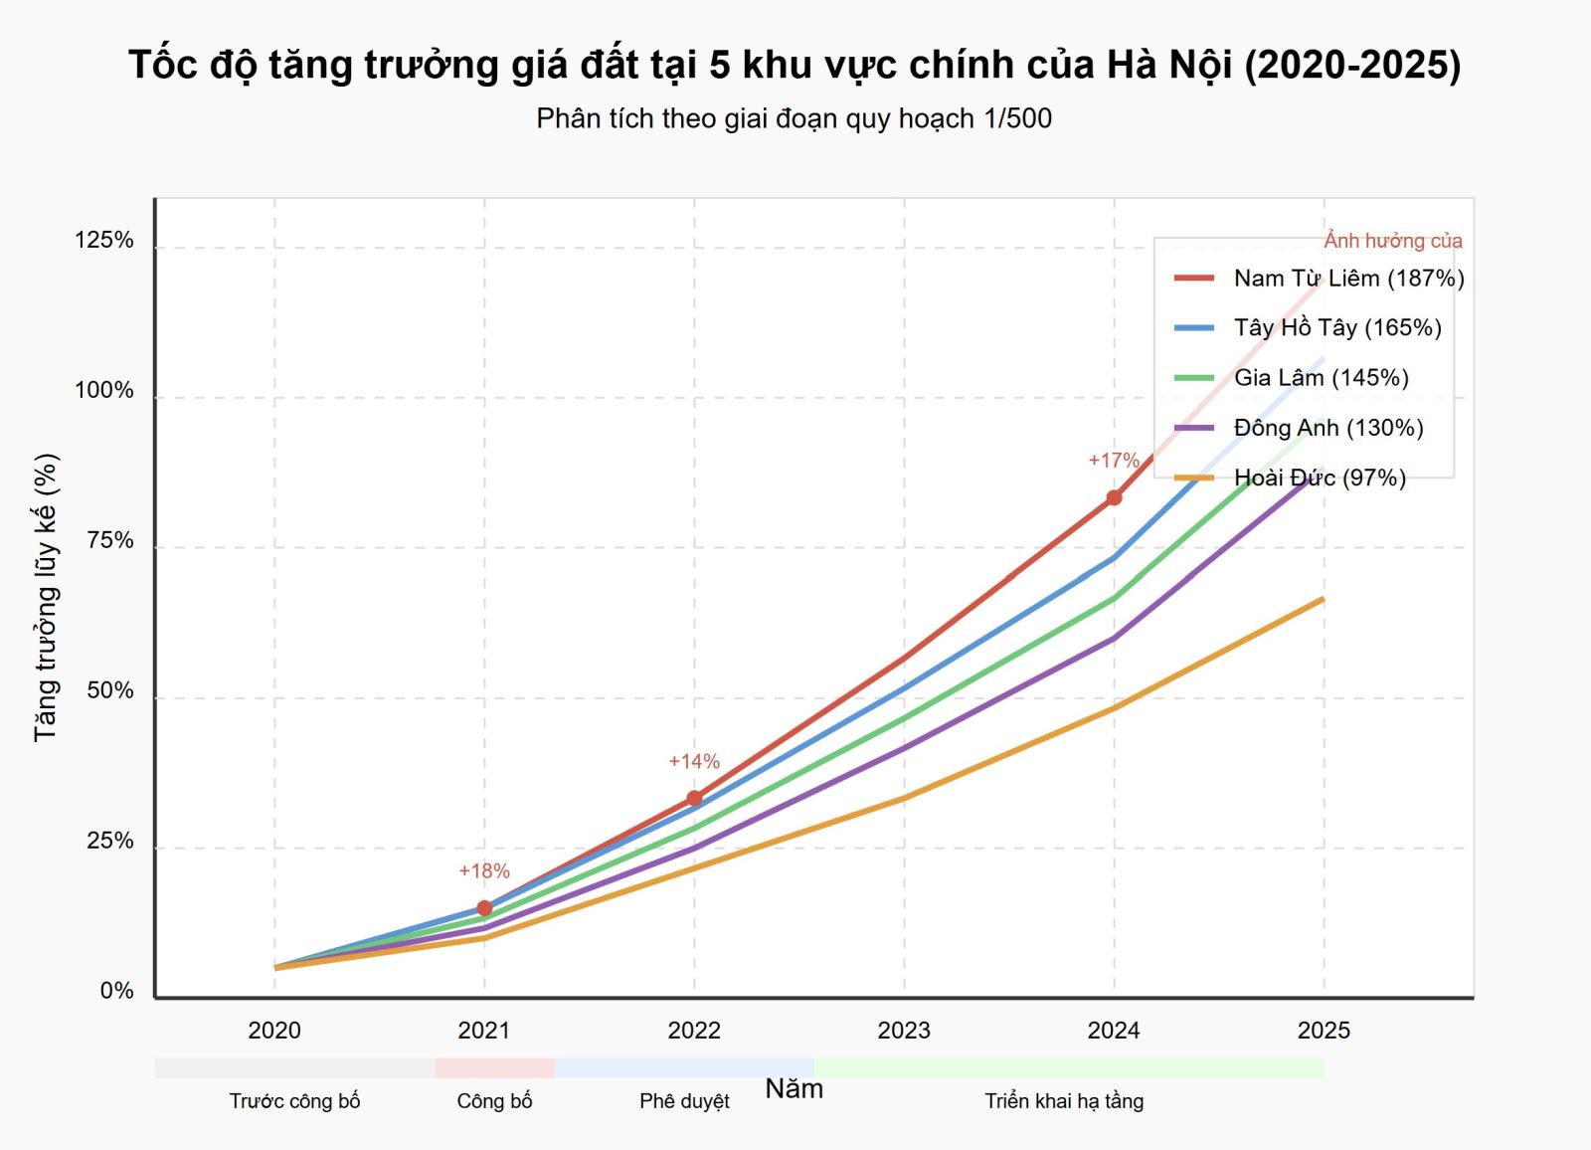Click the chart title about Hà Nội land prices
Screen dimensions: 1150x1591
click(795, 65)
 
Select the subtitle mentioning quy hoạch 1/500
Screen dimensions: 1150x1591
click(794, 118)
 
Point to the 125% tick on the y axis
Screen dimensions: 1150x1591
click(104, 240)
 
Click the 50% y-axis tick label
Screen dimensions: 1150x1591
click(109, 691)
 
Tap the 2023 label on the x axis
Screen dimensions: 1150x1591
click(904, 1031)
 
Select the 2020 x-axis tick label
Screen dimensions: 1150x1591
click(274, 1031)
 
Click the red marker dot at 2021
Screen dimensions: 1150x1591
click(484, 908)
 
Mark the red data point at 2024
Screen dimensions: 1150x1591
click(1114, 497)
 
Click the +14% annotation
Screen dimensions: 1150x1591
click(694, 762)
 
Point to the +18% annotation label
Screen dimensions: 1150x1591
click(484, 871)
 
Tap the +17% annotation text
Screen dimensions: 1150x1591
click(1114, 461)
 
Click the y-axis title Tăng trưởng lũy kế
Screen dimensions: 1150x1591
click(46, 597)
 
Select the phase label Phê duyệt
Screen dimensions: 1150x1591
click(684, 1101)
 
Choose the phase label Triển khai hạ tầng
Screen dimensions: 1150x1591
click(1064, 1101)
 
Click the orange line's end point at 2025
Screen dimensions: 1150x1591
click(1323, 599)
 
